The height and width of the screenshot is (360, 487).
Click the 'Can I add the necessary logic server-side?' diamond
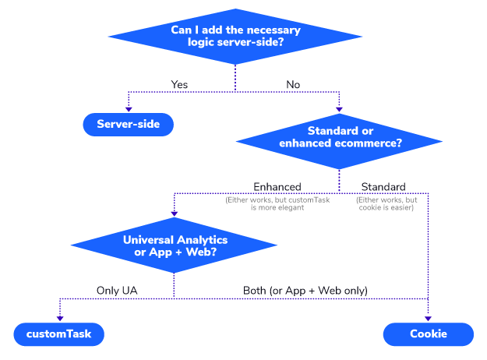coord(235,37)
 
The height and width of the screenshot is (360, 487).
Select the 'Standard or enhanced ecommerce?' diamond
coord(339,141)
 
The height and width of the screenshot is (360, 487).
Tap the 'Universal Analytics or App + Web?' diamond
coord(174,245)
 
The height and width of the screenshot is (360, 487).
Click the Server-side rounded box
coord(129,124)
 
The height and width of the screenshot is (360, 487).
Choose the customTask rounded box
coord(59,334)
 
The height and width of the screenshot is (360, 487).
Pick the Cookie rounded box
coord(429,334)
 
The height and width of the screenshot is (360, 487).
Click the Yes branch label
coord(179,84)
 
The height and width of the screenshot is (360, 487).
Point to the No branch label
coord(293,84)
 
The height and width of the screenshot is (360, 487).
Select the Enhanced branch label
coord(277,187)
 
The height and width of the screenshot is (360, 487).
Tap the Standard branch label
coord(383,187)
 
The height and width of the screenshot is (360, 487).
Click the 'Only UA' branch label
coord(117,291)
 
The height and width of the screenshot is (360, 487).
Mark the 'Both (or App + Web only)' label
coord(305,291)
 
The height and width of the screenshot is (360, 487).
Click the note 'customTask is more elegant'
coord(277,203)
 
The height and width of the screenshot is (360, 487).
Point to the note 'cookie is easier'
coord(386,203)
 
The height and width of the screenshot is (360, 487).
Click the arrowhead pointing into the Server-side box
coord(129,109)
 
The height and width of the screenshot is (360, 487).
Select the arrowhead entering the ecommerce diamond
coord(339,109)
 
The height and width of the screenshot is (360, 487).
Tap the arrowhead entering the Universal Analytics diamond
coord(175,214)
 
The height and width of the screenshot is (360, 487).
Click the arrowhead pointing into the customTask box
coord(60,319)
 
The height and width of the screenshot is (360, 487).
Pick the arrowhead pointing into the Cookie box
coord(428,319)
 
